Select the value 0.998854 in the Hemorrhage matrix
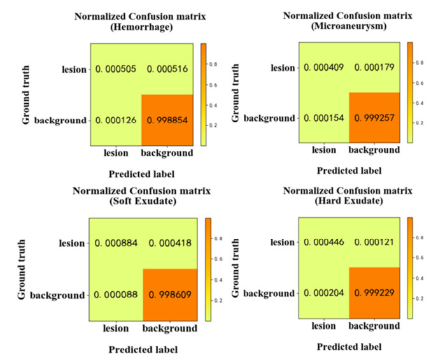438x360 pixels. point(169,120)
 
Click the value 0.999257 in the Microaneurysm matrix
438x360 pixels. point(374,119)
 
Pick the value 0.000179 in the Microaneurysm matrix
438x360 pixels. point(374,67)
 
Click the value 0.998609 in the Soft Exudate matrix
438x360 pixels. point(169,295)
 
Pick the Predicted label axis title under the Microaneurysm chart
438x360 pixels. point(349,170)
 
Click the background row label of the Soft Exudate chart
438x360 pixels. point(57,295)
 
